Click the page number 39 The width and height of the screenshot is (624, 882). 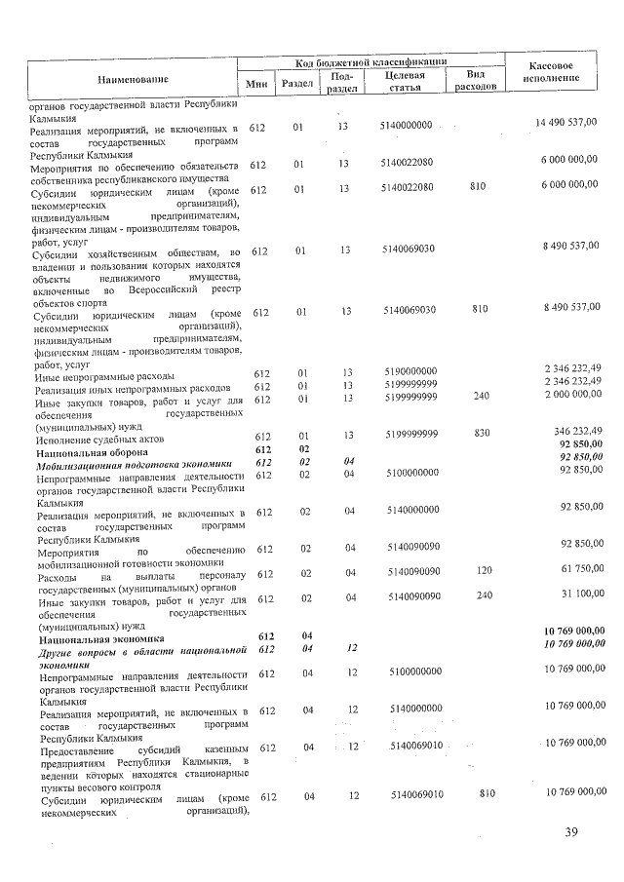(571, 831)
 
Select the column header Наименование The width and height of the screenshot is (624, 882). (133, 78)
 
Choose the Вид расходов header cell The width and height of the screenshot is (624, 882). (476, 80)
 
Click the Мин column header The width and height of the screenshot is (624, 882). (257, 85)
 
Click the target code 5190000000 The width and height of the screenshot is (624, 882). (410, 372)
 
